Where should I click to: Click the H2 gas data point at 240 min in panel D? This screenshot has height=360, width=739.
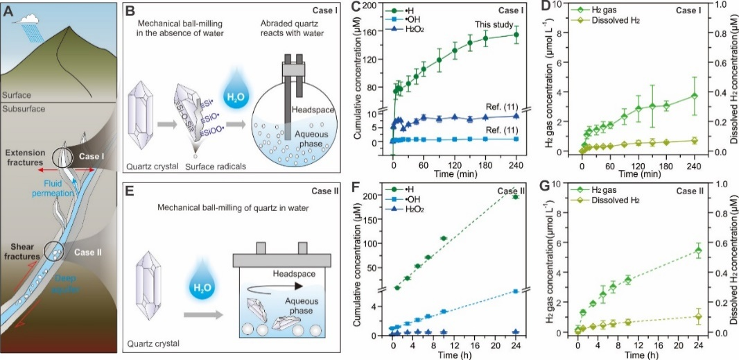point(693,95)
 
